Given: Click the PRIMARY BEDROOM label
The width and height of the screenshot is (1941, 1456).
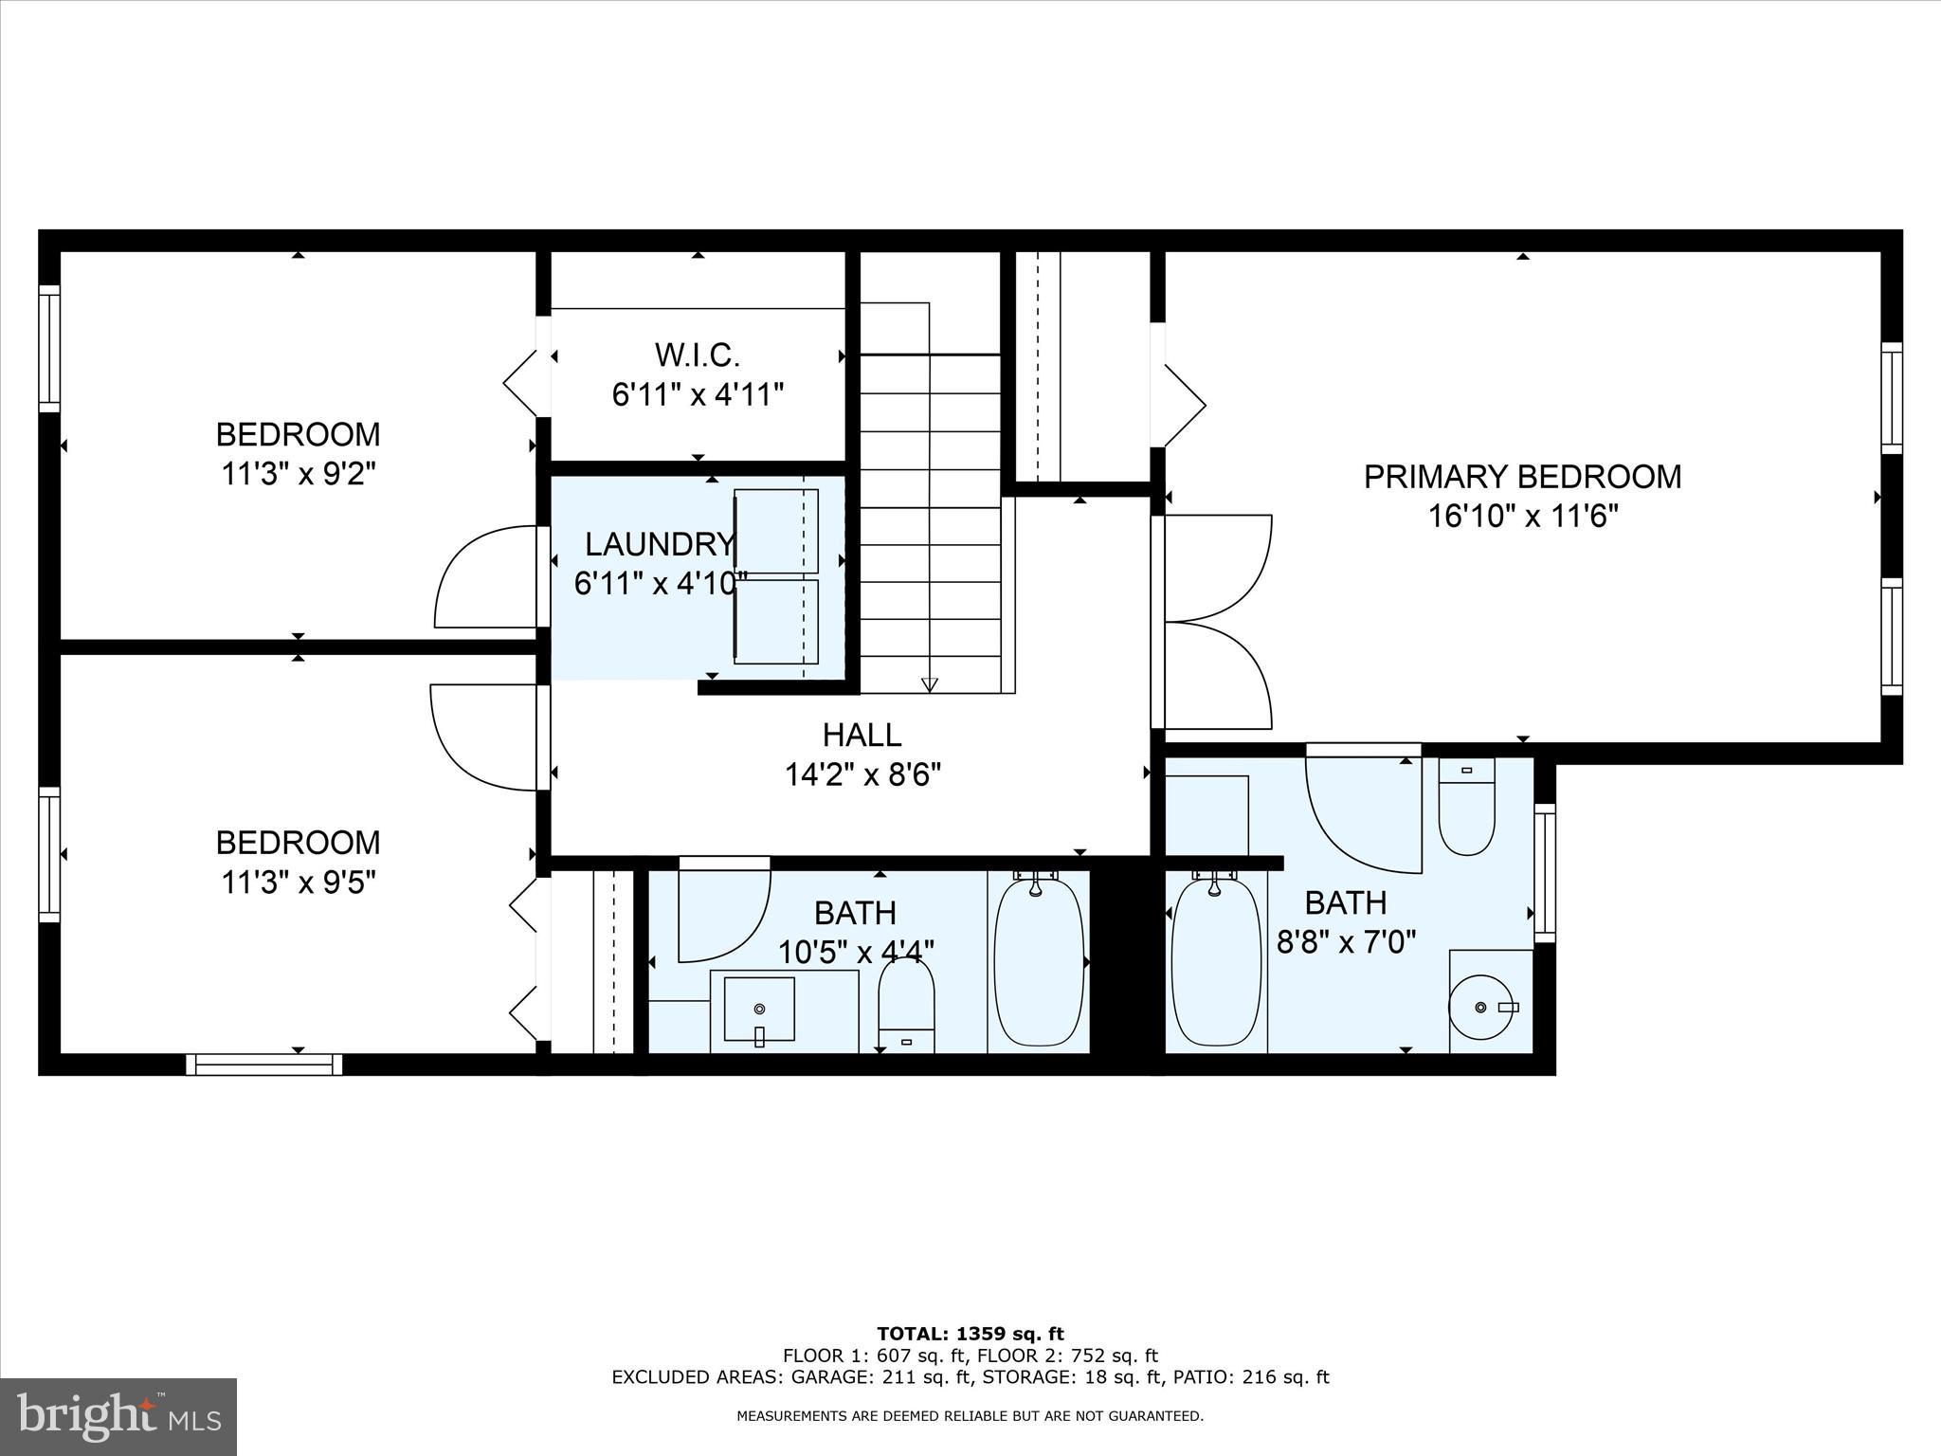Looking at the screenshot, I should tap(1522, 476).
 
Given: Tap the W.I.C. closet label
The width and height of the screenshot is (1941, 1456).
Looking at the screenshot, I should tap(697, 355).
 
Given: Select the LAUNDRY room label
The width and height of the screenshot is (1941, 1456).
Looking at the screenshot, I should tap(658, 544).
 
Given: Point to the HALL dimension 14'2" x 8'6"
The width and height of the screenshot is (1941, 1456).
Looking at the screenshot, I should tap(862, 775).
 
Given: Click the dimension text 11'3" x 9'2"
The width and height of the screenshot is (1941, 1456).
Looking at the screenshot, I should tap(299, 474).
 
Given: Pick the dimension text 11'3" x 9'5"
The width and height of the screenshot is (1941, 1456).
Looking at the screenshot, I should tap(299, 883).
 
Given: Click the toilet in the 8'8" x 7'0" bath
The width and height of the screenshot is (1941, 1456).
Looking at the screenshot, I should tap(1466, 808).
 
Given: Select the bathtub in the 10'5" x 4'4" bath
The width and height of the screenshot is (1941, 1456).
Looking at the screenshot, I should tap(1038, 962).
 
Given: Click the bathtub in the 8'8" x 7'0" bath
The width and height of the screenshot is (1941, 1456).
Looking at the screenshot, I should tap(1216, 962).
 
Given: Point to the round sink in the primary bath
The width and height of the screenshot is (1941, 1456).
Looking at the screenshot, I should tap(1482, 1008).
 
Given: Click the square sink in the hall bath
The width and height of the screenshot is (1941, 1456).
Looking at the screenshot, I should tap(758, 1010).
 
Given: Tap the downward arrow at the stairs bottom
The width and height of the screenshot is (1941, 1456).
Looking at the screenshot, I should tap(930, 684).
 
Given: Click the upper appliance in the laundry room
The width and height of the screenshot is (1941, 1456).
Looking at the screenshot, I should tap(776, 531).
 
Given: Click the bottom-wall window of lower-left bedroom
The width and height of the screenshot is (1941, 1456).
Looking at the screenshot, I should tap(264, 1065).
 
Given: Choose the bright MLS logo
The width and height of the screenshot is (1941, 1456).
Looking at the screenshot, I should tap(118, 1416).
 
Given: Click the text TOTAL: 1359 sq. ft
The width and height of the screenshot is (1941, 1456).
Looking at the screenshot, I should tap(970, 1335).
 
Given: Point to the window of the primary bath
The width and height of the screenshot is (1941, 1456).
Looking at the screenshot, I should tap(1545, 873).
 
